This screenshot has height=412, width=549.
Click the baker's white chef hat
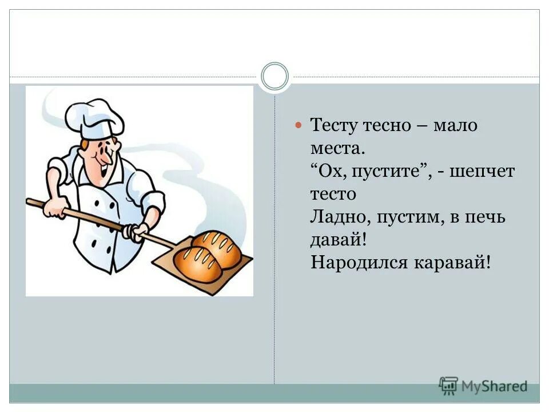pos(94,118)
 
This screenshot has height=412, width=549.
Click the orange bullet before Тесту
pos(297,124)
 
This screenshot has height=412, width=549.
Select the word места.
pos(336,148)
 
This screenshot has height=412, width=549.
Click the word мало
pos(455,125)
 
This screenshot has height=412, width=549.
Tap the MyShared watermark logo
pos(483,386)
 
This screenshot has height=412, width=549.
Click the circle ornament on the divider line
pos(275,76)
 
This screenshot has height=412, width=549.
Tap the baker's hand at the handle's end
pos(55,208)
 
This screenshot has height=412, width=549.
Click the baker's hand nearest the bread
pos(138,232)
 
